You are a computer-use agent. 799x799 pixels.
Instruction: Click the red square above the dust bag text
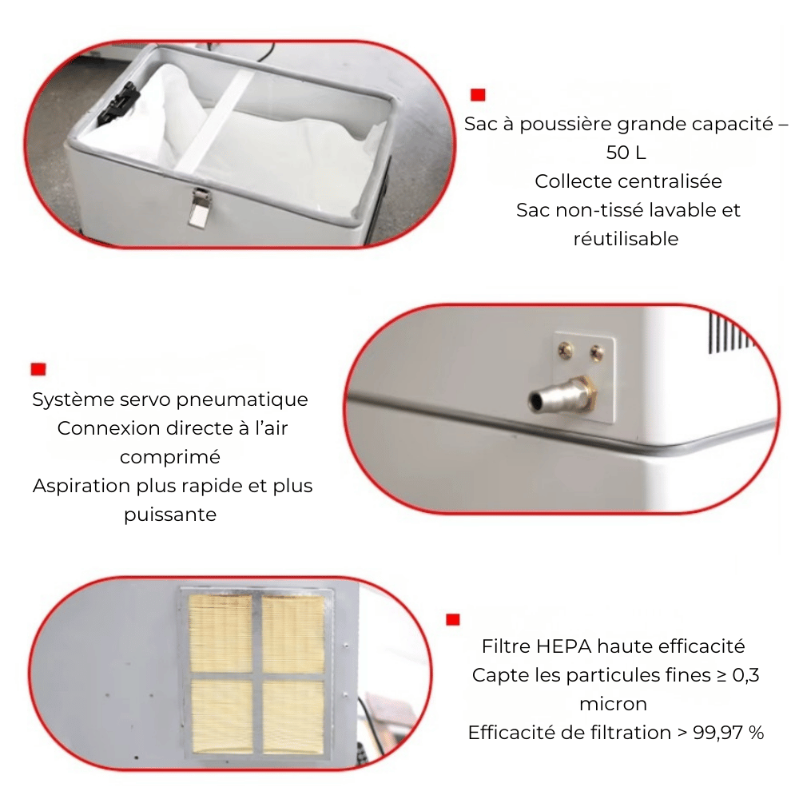(478, 95)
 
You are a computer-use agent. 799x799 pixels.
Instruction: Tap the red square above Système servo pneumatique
(38, 369)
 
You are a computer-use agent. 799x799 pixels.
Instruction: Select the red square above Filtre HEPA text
(452, 620)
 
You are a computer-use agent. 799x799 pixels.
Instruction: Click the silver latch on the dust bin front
(198, 208)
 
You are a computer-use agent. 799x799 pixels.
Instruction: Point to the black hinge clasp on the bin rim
(119, 104)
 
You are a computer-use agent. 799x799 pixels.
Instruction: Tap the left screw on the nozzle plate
(565, 350)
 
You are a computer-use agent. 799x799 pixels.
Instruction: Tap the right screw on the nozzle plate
(597, 352)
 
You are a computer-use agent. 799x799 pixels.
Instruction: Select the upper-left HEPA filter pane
(221, 634)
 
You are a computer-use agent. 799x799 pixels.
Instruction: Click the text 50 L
(626, 153)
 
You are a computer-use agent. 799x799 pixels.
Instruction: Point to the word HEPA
(564, 646)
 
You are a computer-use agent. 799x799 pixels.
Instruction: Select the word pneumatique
(242, 399)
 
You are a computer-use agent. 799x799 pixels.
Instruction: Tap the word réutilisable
(626, 238)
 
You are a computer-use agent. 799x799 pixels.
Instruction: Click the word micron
(614, 704)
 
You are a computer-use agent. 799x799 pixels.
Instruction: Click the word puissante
(170, 515)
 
